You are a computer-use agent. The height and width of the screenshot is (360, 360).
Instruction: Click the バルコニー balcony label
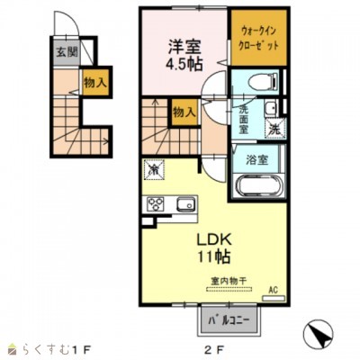pyautogui.click(x=224, y=319)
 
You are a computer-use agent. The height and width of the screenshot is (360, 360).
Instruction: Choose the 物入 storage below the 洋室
pyautogui.click(x=184, y=113)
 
